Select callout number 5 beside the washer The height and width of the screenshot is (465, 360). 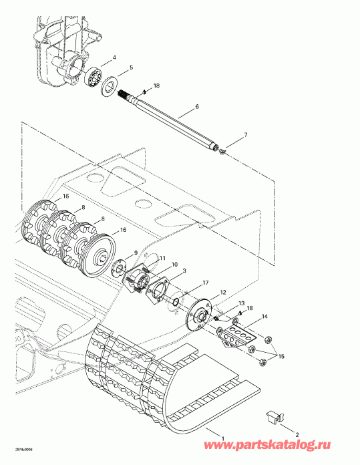point(131,67)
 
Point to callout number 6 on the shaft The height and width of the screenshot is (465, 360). point(197,107)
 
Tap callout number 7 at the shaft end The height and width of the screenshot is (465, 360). point(244,135)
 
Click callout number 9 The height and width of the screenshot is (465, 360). point(136,253)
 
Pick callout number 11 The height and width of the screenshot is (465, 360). point(161,257)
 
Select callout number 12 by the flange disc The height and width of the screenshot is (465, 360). point(223,292)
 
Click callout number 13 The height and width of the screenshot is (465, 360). point(242,303)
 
